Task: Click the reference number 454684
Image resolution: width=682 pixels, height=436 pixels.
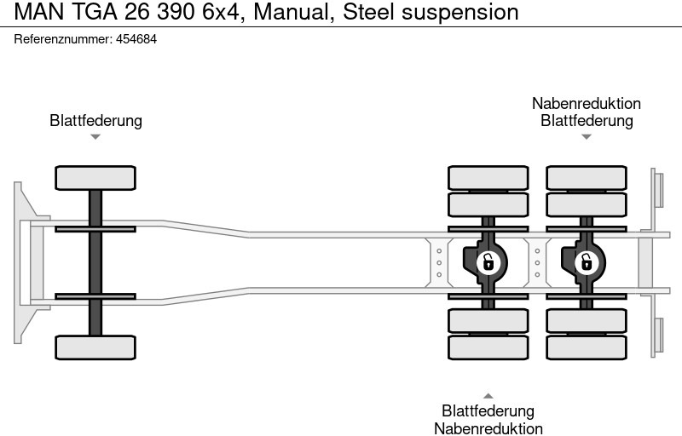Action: pos(136,40)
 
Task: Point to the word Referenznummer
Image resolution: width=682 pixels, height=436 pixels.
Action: pos(62,40)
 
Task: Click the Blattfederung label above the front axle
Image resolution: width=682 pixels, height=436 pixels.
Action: pos(95,121)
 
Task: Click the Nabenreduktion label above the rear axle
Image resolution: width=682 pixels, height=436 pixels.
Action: pos(587,104)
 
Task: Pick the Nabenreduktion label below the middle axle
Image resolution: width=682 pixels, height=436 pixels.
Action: pos(488,428)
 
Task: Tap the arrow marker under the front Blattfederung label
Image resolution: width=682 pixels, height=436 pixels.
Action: pos(95,137)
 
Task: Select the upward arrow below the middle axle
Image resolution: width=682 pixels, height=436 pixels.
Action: pos(488,395)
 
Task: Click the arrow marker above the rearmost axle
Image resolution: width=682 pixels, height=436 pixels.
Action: pos(587,137)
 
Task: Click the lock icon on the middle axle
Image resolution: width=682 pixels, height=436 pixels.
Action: pos(488,261)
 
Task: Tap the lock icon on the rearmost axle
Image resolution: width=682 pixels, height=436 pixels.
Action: pos(586,261)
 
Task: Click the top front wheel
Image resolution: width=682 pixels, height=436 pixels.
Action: pos(95,178)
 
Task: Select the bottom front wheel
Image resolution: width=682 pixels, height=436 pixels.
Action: pos(95,347)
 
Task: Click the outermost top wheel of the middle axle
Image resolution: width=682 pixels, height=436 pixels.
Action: pos(488,177)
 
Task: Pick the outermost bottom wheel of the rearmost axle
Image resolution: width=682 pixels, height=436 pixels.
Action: pos(586,347)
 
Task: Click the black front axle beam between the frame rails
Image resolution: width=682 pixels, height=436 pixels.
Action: pos(95,262)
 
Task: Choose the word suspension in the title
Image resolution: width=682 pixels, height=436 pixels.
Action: pos(464,12)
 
